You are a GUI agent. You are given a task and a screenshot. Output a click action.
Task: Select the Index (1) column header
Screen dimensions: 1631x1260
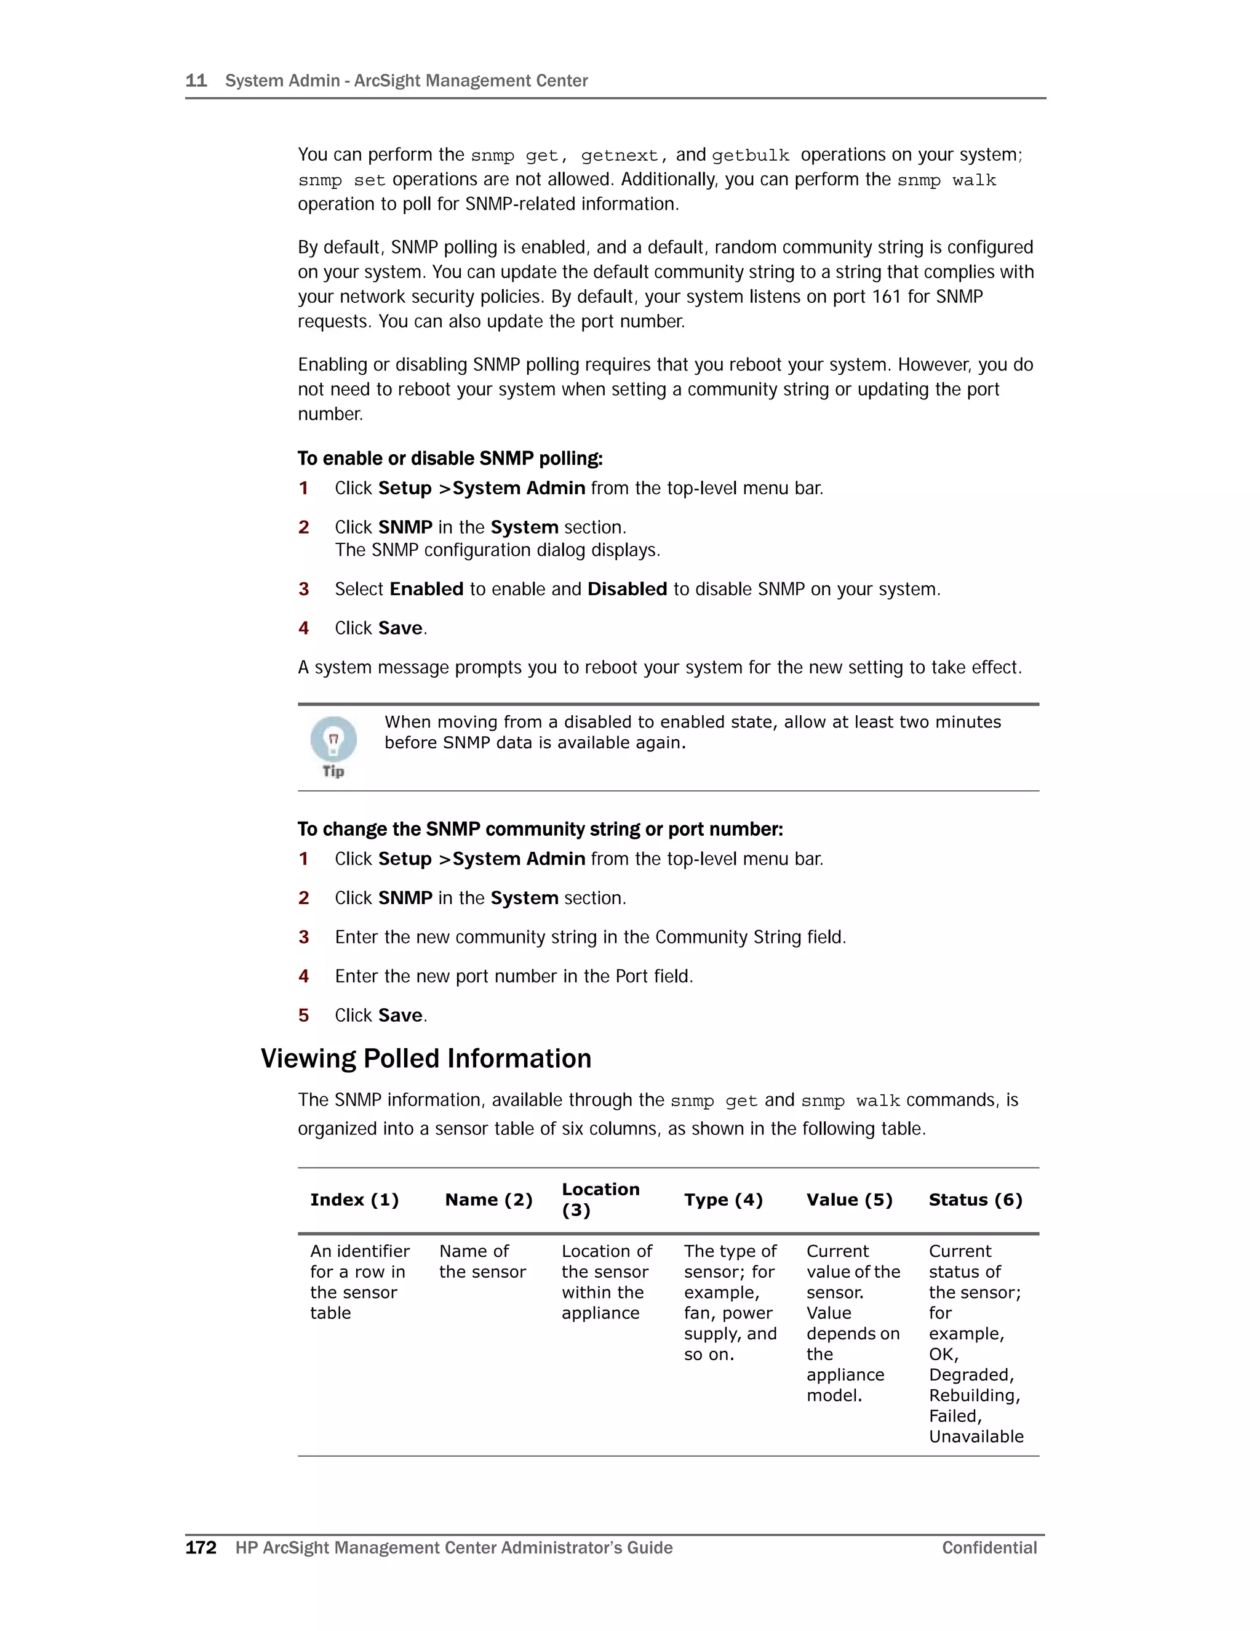tap(354, 1200)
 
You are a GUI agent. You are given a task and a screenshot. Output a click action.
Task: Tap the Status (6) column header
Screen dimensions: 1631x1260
tap(975, 1200)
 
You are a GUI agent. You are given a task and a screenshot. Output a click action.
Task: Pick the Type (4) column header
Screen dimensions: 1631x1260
tap(722, 1200)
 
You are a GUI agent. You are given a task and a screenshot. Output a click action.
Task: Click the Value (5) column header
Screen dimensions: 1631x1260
tap(848, 1200)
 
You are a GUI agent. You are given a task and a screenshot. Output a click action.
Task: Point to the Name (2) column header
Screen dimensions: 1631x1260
tap(488, 1200)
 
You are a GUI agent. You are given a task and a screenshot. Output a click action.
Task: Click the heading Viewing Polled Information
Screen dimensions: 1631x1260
tap(426, 1059)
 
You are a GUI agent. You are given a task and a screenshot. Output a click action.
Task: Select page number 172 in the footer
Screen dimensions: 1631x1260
tap(201, 1548)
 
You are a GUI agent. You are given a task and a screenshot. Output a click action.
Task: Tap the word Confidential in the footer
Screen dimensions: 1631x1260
tap(989, 1548)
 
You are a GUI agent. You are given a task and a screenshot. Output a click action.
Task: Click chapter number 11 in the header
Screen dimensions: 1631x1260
tap(196, 81)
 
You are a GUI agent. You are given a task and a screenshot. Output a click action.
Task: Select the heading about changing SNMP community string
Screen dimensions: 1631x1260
tap(540, 830)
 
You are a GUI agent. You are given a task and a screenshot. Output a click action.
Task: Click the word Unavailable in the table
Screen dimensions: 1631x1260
tap(976, 1437)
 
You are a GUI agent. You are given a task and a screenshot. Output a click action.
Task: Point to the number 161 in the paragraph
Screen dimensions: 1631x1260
tap(886, 297)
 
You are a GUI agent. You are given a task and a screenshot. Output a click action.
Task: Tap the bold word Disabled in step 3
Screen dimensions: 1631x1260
tap(627, 589)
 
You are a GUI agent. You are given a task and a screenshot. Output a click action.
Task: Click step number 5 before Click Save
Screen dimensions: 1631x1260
tap(303, 1016)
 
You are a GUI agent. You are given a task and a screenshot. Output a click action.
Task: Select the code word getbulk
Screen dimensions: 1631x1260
tap(750, 155)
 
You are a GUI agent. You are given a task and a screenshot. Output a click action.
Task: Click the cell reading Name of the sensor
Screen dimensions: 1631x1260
tap(482, 1261)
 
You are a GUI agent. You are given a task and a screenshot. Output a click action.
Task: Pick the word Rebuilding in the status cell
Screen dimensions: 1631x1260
tap(973, 1396)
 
